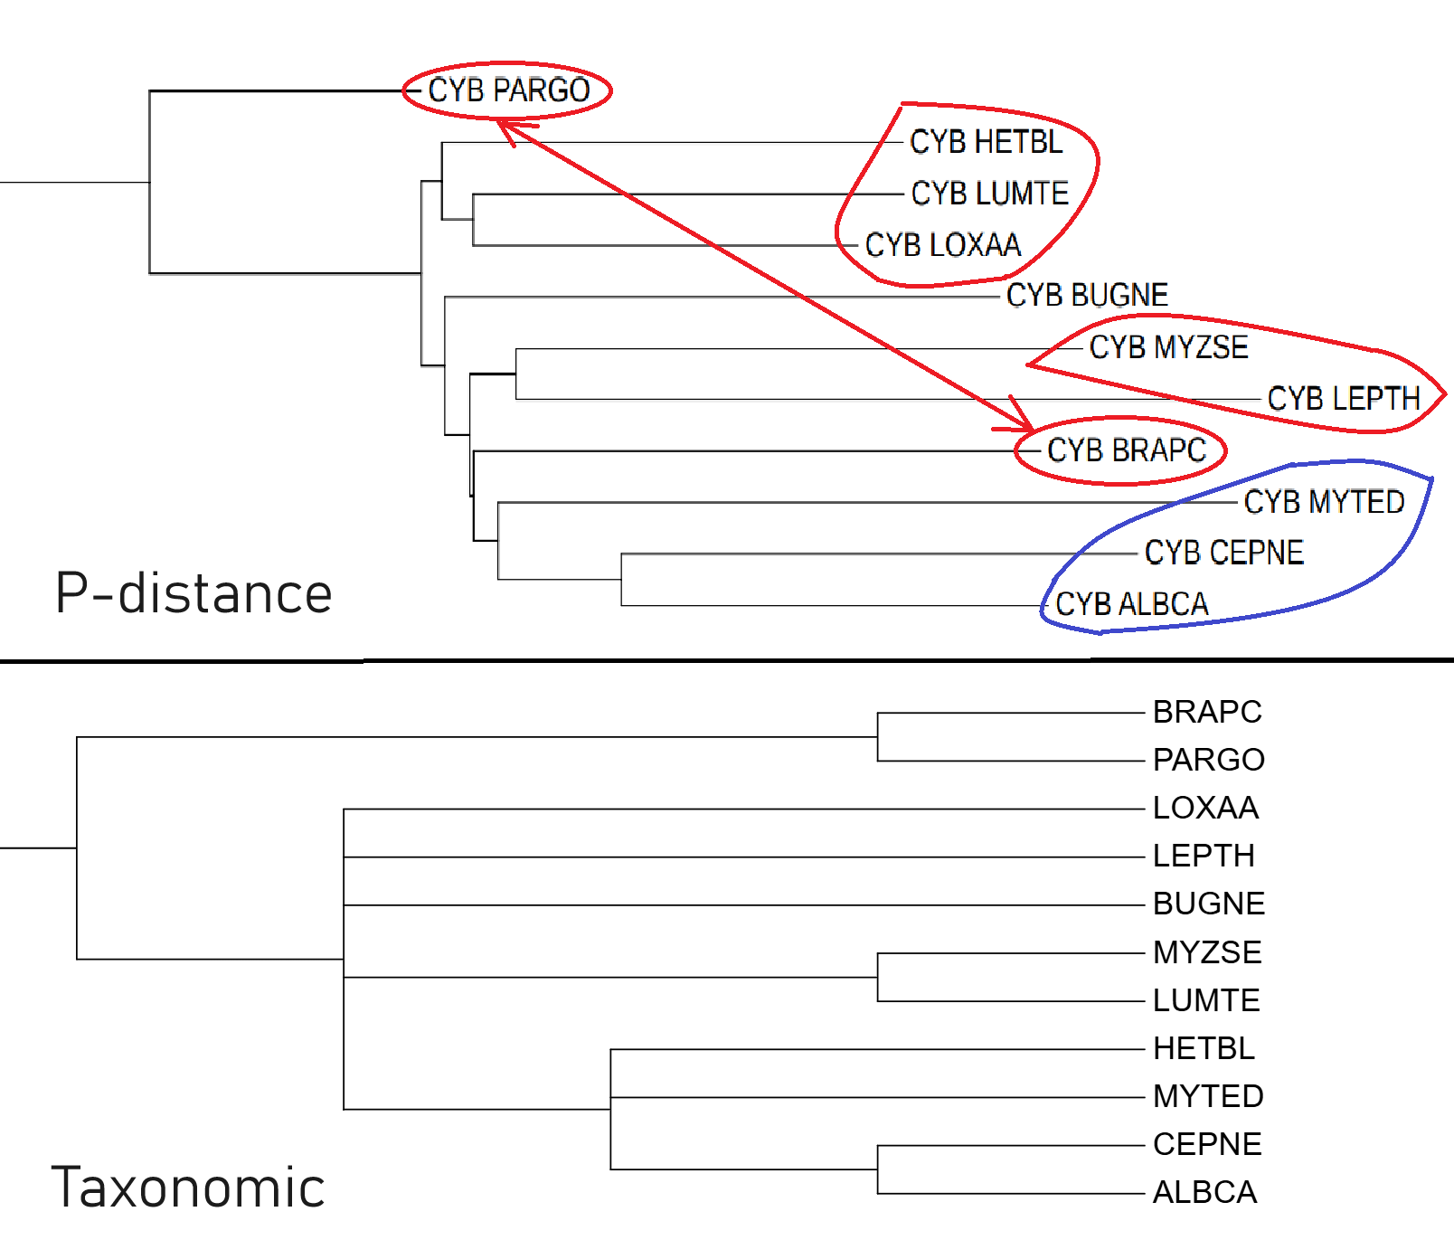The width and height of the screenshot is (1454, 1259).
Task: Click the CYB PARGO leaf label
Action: (x=508, y=90)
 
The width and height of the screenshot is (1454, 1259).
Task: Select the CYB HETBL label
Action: (x=986, y=142)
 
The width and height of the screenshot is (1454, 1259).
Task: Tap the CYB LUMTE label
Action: (x=989, y=194)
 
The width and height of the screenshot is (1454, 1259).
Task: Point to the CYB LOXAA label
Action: (x=942, y=245)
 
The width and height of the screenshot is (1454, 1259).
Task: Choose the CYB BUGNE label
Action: (x=1087, y=295)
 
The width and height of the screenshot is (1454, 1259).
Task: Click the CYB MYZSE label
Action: (x=1168, y=347)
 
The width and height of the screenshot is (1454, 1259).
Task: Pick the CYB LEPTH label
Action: (x=1344, y=399)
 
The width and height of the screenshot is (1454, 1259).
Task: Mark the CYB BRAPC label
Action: (x=1126, y=450)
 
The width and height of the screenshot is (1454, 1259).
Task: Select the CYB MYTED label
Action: (x=1324, y=502)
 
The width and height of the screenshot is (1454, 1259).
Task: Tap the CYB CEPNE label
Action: (x=1223, y=553)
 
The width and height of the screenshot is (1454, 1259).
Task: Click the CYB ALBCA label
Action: (x=1131, y=604)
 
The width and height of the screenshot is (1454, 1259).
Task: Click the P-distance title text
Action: (x=194, y=594)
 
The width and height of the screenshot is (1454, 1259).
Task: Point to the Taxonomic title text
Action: (x=188, y=1188)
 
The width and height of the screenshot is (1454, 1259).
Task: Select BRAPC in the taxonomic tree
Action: (x=1207, y=713)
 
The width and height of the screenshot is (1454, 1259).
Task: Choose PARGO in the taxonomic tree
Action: (x=1208, y=760)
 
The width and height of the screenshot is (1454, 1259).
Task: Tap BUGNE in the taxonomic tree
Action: (x=1209, y=904)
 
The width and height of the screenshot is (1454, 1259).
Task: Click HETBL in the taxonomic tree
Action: (x=1204, y=1048)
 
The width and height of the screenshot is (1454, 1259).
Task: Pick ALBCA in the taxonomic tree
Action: (x=1204, y=1192)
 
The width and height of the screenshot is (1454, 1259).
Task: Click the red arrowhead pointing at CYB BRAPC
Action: (x=1023, y=420)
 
